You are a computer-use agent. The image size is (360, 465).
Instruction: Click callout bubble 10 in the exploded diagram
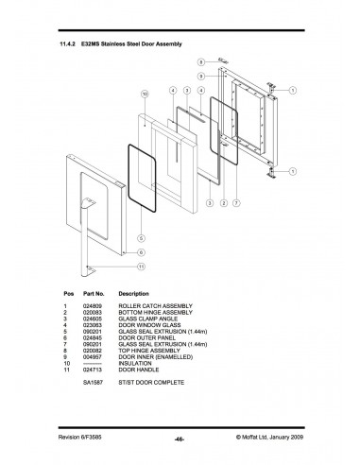(145, 95)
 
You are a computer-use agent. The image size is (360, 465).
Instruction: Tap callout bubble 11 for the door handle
(141, 267)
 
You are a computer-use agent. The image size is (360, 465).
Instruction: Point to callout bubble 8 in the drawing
(201, 62)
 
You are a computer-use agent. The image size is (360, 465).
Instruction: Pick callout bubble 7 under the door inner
(234, 203)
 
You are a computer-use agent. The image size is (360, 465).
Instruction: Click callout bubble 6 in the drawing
(141, 252)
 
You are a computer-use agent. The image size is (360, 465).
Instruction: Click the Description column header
(135, 295)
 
